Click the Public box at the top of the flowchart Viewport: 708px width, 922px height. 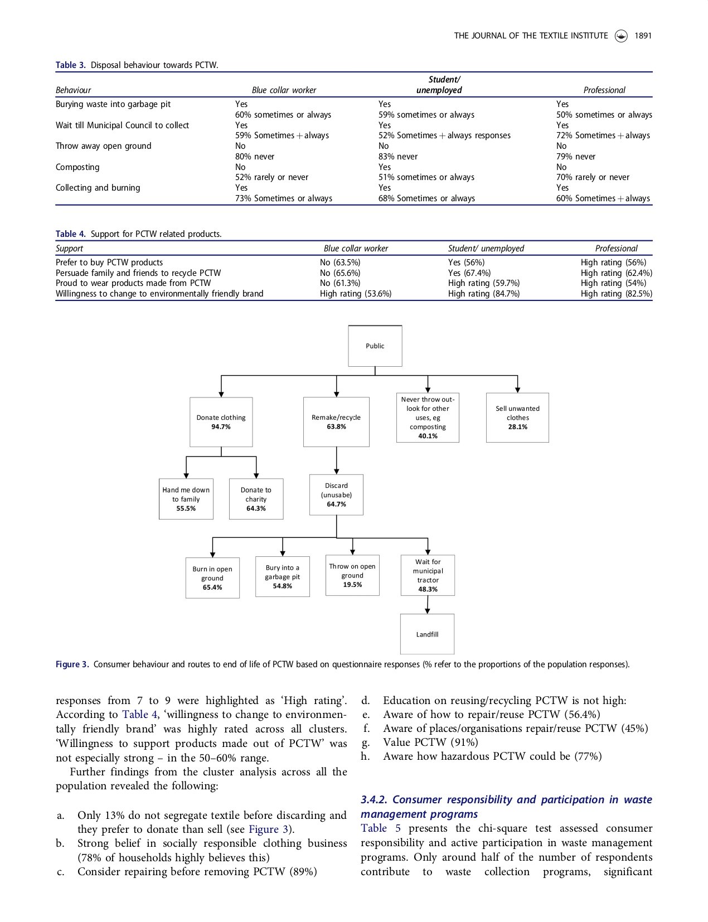point(375,346)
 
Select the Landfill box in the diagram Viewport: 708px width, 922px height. point(427,634)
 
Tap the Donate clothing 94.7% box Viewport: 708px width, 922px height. point(221,422)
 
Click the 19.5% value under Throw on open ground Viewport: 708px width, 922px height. point(352,585)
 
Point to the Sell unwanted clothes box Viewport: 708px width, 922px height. point(517,418)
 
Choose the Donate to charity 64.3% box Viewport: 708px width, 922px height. point(256,499)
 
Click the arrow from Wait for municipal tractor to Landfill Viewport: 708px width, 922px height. point(428,605)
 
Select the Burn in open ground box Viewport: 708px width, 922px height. point(212,578)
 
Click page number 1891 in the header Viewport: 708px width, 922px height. point(643,36)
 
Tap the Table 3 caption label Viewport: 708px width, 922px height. point(70,65)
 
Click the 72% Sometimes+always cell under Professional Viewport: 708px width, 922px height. point(603,135)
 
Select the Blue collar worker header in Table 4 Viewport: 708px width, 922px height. point(356,249)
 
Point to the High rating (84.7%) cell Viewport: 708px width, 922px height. point(484,294)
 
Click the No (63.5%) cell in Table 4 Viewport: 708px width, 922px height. point(340,263)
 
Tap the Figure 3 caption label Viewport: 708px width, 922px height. point(72,664)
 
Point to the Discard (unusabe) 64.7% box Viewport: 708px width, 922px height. point(336,495)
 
